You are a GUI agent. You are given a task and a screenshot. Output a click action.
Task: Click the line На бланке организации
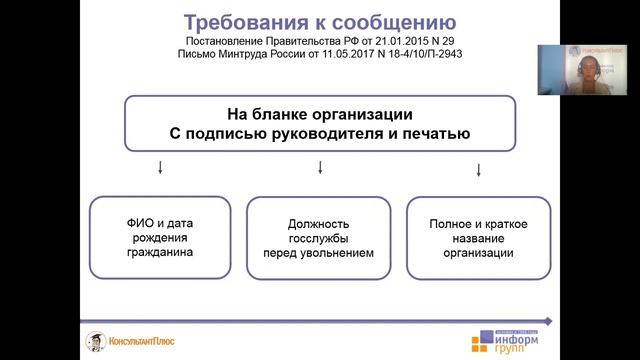(x=319, y=113)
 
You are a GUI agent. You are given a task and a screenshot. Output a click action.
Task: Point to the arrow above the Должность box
(x=319, y=166)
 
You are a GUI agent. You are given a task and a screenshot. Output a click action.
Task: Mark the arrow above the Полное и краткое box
(x=478, y=170)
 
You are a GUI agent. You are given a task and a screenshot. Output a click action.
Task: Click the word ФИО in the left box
(x=137, y=223)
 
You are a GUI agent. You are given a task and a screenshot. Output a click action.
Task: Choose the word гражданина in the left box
(x=159, y=253)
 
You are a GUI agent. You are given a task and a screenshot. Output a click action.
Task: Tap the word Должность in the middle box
(x=319, y=223)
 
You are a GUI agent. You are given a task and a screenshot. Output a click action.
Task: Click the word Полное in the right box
(x=449, y=223)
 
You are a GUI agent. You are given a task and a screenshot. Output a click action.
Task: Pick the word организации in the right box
(x=479, y=253)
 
